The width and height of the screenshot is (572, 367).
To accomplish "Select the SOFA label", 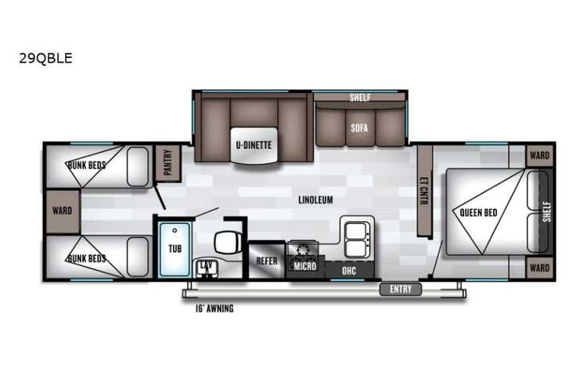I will pos(360,125).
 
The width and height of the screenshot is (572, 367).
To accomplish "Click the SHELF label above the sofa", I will pos(360,98).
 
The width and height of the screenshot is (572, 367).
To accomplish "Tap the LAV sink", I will pos(206,266).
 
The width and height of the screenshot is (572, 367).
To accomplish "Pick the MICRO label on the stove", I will pos(304,267).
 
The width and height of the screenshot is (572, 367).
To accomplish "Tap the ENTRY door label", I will pos(400,290).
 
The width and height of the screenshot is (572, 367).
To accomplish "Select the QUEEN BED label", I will pos(479,211).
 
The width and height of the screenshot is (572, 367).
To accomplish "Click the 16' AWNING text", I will pos(214,308).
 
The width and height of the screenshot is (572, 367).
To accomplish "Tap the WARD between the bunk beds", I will pos(62,210).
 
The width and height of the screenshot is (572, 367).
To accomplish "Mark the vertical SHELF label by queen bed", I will pos(545,210).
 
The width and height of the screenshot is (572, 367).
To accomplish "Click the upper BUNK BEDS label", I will pos(86,166).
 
